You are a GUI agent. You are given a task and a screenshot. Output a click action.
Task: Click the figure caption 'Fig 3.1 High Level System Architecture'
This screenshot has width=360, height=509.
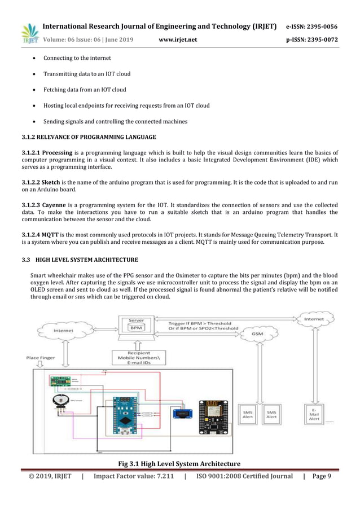(x=179, y=464)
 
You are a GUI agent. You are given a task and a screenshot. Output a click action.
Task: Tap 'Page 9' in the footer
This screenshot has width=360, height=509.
(x=321, y=476)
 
